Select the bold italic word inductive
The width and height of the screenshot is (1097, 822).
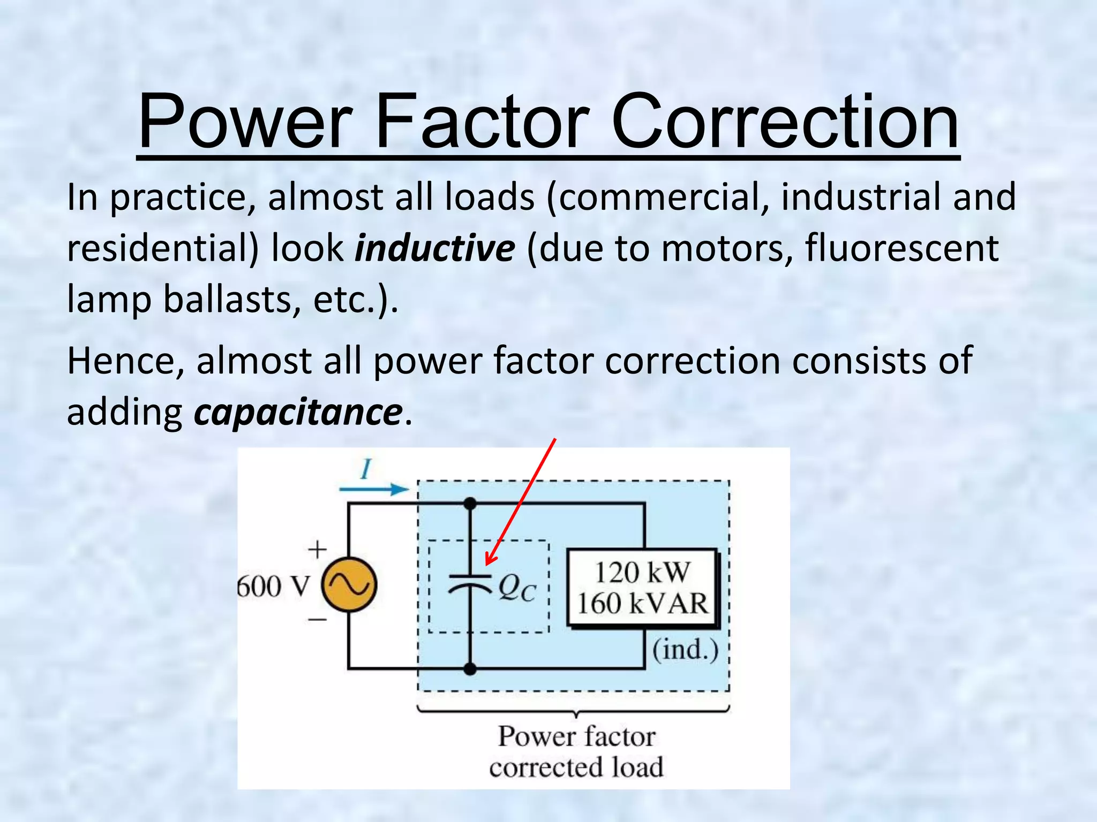coord(435,248)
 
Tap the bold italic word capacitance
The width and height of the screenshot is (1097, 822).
coord(298,412)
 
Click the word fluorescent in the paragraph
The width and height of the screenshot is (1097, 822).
coord(901,248)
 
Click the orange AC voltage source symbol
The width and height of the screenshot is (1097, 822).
coord(349,585)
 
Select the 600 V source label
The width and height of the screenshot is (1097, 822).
coord(274,587)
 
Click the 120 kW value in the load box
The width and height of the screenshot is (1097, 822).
coord(643,572)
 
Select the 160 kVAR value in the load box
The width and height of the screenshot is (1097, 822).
coord(643,603)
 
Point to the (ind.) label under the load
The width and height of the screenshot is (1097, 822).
coord(685,650)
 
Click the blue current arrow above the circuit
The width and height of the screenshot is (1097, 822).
coord(374,489)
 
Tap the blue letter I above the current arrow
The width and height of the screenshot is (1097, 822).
coord(366,470)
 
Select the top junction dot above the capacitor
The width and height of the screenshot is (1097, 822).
coord(470,503)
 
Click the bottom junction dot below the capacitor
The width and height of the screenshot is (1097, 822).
coord(470,668)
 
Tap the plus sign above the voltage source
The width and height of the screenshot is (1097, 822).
coord(317,550)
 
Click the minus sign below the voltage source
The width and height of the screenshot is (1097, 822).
coord(317,620)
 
